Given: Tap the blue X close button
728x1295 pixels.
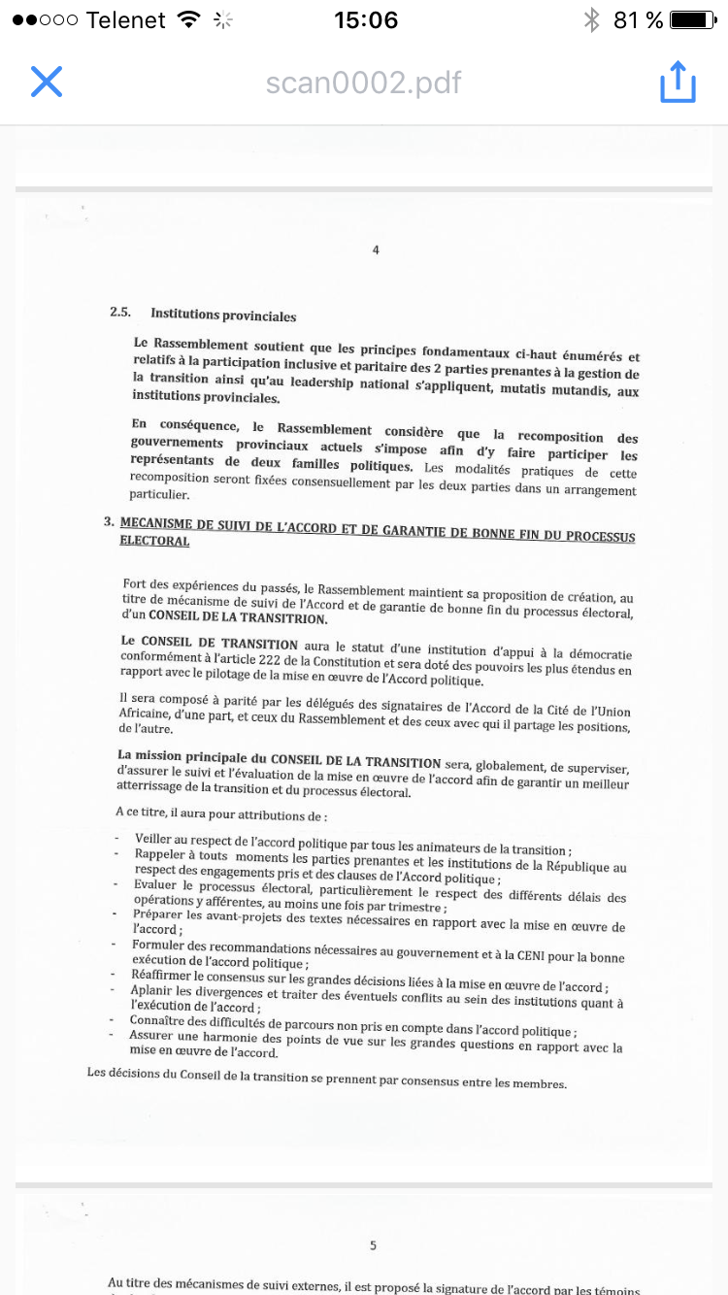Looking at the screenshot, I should pyautogui.click(x=47, y=82).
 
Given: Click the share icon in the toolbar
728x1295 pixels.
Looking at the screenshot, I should pyautogui.click(x=678, y=82).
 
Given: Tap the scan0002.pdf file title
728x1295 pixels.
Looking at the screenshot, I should pyautogui.click(x=364, y=83).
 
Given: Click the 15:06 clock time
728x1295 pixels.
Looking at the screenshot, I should pyautogui.click(x=365, y=20).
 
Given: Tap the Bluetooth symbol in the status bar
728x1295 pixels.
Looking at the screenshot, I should pyautogui.click(x=591, y=20).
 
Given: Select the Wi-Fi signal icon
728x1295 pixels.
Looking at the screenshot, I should pyautogui.click(x=189, y=20).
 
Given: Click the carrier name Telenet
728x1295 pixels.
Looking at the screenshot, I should pyautogui.click(x=125, y=20).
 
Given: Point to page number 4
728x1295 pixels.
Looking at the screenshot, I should pyautogui.click(x=376, y=250).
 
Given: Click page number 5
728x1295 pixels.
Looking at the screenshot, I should pyautogui.click(x=374, y=1245).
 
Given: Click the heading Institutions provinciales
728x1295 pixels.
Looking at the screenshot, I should pyautogui.click(x=223, y=315).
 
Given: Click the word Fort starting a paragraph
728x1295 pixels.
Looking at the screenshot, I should pyautogui.click(x=136, y=583).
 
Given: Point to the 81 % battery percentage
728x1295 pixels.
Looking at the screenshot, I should pyautogui.click(x=639, y=20).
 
